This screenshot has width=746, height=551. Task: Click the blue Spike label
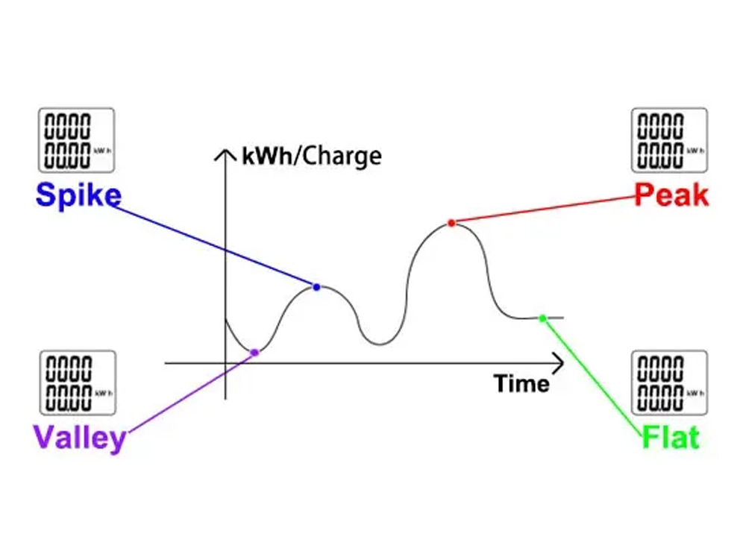pos(78,195)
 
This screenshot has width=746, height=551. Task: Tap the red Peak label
pos(671,195)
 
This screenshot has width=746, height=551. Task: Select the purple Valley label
pos(79,437)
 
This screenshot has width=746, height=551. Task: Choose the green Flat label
pos(671,437)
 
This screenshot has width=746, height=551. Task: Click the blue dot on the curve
pos(316,287)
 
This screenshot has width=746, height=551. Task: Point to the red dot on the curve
pos(451,222)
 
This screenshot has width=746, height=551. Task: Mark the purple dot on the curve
pos(254,352)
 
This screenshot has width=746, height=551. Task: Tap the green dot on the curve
pos(543,318)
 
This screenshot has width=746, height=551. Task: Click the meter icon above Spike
pos(76,140)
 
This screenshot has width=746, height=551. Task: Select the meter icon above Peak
pos(669,140)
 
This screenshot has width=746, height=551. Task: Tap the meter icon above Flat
pos(669,382)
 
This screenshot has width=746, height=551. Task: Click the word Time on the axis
pos(521,384)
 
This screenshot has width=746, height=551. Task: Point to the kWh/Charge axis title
pos(311,157)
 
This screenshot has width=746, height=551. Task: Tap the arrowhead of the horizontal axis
pos(558,363)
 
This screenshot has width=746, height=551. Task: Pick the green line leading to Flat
pos(593,377)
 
